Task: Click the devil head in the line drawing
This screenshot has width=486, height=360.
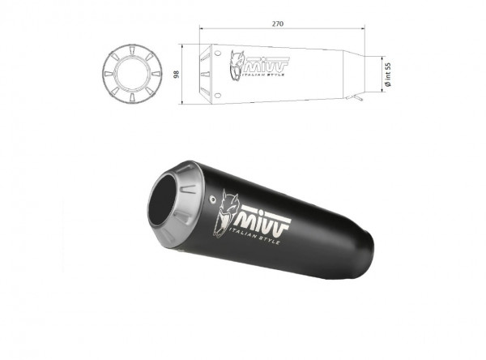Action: click(x=237, y=62)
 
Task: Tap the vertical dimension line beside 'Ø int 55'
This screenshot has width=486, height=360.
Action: click(x=381, y=71)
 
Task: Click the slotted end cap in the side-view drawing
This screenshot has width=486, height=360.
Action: click(x=211, y=72)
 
